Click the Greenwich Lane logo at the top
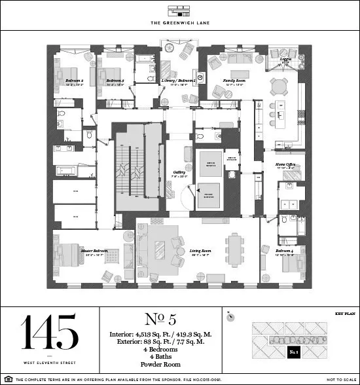click(180, 11)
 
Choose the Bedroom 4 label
click(285, 251)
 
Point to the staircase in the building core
click(135, 171)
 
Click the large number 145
click(50, 331)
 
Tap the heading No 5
click(160, 320)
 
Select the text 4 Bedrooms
click(160, 349)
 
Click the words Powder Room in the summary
click(160, 365)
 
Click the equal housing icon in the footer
click(7, 379)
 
